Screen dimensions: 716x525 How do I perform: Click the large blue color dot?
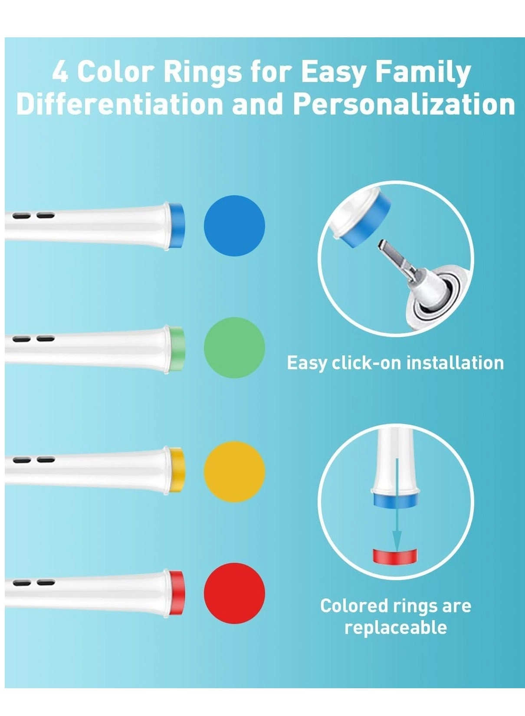click(x=234, y=226)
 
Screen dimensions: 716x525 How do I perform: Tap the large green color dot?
click(x=234, y=348)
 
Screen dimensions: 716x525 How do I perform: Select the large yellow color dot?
click(x=234, y=472)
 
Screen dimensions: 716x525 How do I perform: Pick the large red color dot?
click(x=234, y=593)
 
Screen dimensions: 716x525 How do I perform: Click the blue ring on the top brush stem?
click(x=177, y=225)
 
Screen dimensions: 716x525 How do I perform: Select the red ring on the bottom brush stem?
click(x=177, y=593)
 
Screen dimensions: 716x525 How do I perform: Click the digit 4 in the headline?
click(x=60, y=72)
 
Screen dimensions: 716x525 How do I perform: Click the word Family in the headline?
click(x=423, y=72)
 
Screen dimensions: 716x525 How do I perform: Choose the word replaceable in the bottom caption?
click(x=396, y=627)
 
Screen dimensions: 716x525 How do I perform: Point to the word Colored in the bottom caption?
click(x=354, y=606)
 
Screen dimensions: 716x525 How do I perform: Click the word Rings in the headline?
click(x=203, y=72)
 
